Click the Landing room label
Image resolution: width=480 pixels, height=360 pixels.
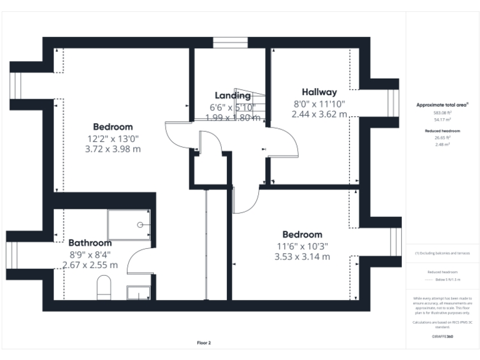pos(232,96)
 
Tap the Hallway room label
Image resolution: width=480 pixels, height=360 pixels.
pos(319,92)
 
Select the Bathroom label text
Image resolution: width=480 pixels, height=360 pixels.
pos(90,242)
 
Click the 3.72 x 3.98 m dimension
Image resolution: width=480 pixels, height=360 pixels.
pos(112,149)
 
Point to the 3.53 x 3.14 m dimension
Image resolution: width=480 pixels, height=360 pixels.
pos(302,256)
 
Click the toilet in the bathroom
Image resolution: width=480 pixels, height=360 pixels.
pos(104,289)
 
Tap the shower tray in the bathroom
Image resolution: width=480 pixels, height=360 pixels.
pos(129,224)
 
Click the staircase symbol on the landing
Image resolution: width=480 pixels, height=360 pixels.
pos(250,103)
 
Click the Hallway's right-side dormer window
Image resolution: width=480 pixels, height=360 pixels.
pos(393,100)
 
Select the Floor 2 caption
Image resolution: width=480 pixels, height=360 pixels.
pos(204,343)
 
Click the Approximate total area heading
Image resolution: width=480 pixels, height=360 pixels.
pos(443,105)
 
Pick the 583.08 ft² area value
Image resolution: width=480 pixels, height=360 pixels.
pos(443,112)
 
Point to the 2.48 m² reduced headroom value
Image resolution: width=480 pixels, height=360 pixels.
pos(443,144)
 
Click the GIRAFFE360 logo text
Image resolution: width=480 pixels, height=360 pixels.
pos(443,337)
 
